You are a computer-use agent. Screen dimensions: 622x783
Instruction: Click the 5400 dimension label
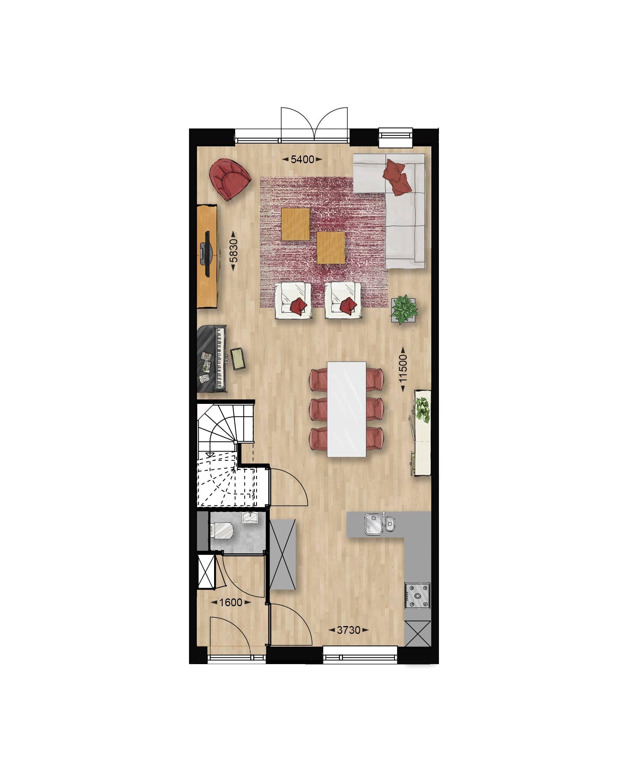coord(302,159)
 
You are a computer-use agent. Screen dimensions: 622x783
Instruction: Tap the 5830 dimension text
coord(233,251)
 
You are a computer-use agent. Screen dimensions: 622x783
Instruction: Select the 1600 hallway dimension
coord(231,602)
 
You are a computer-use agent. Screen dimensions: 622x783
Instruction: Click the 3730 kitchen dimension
coord(348,630)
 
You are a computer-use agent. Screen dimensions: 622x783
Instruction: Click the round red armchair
coord(230,179)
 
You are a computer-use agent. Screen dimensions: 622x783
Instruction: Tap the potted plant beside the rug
coord(404,309)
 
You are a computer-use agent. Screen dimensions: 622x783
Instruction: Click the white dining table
coord(346,409)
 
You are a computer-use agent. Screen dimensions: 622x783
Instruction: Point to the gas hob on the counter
coord(417,595)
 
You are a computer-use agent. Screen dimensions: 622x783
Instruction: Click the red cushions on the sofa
coord(397,177)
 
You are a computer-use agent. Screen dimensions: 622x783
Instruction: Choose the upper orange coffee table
coord(295,224)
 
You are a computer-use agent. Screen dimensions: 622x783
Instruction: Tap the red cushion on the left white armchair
coord(299,306)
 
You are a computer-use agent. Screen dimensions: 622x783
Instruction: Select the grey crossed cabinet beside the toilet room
coord(283,554)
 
